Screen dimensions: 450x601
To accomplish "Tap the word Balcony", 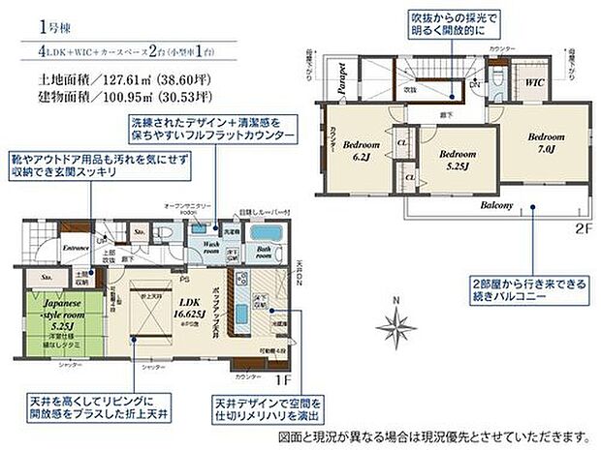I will [497, 206].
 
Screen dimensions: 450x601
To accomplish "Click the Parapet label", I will [342, 77].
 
